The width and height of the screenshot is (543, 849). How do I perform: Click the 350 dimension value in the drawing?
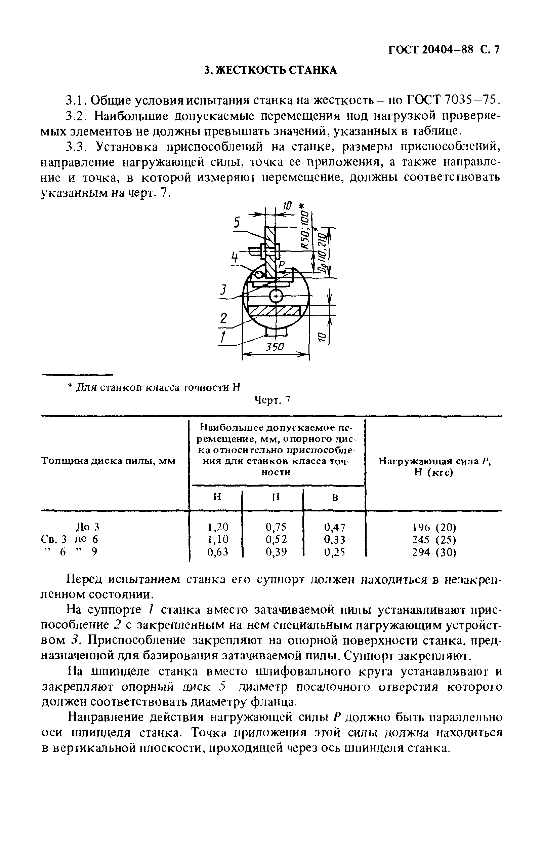275,347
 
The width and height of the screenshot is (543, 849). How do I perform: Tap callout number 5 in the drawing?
237,222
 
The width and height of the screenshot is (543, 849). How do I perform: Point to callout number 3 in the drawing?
222,290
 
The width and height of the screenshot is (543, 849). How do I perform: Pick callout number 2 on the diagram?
223,318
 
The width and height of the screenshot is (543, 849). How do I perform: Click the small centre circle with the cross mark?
276,296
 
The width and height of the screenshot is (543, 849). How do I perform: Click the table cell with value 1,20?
217,527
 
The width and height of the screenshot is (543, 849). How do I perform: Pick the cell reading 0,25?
335,552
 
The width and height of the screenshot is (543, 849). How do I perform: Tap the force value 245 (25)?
434,539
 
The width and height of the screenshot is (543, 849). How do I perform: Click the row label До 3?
88,527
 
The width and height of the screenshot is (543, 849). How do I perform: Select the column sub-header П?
276,497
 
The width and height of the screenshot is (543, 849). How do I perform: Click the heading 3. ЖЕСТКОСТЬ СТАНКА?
271,70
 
